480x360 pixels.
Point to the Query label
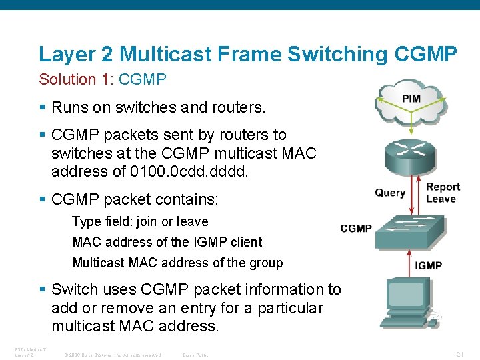click(390, 193)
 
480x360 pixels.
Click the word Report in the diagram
click(443, 187)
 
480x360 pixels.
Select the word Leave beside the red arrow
click(441, 199)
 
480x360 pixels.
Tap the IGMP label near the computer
click(428, 265)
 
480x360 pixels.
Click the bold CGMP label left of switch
click(355, 229)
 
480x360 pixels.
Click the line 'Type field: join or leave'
click(140, 221)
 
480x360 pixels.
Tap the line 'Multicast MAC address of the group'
click(177, 263)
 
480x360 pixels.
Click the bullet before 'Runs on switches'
click(42, 107)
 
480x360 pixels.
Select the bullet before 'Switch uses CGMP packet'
click(42, 289)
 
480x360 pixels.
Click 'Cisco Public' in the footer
click(195, 354)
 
